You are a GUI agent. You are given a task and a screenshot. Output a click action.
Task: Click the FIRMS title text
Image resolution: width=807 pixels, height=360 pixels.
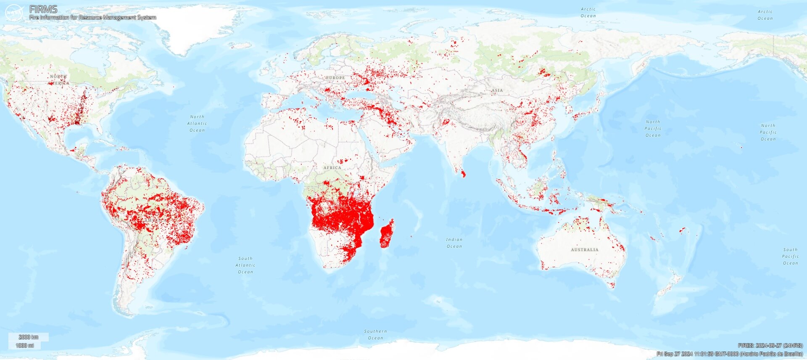click(43, 9)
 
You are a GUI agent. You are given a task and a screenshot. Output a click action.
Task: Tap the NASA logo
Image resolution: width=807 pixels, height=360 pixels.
click(14, 13)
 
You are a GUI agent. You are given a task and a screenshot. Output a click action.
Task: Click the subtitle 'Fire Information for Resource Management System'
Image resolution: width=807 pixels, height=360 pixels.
click(92, 18)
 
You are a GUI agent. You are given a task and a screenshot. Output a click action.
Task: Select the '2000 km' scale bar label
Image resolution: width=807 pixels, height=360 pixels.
click(29, 337)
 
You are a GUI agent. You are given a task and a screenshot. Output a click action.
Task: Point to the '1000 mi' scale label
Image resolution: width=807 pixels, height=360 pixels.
click(25, 346)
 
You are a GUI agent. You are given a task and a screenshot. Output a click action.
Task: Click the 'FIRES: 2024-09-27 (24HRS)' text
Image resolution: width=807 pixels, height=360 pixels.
click(770, 346)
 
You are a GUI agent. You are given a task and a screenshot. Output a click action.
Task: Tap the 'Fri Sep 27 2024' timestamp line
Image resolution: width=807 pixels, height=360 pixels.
click(730, 354)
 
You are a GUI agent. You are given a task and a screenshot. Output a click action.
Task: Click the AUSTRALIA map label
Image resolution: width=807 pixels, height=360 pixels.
click(584, 250)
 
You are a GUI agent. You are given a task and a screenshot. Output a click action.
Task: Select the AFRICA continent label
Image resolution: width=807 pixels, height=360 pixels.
click(332, 168)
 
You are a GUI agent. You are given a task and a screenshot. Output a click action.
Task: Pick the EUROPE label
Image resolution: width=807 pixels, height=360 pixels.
click(335, 78)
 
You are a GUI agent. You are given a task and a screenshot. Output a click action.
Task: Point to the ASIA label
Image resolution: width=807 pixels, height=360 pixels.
click(497, 90)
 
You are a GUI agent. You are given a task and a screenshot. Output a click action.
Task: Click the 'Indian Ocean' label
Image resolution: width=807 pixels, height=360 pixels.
click(454, 243)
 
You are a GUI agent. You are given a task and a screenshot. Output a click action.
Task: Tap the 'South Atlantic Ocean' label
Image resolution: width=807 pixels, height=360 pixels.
click(245, 265)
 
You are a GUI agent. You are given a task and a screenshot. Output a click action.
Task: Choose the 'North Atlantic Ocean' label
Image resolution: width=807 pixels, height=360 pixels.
click(197, 124)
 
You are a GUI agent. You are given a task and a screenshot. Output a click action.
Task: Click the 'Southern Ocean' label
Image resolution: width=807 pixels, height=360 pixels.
click(375, 334)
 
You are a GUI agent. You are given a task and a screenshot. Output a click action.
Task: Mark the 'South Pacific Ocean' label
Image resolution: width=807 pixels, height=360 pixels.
click(790, 256)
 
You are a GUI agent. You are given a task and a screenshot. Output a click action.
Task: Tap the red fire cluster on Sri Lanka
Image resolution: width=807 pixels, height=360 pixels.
click(463, 174)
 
